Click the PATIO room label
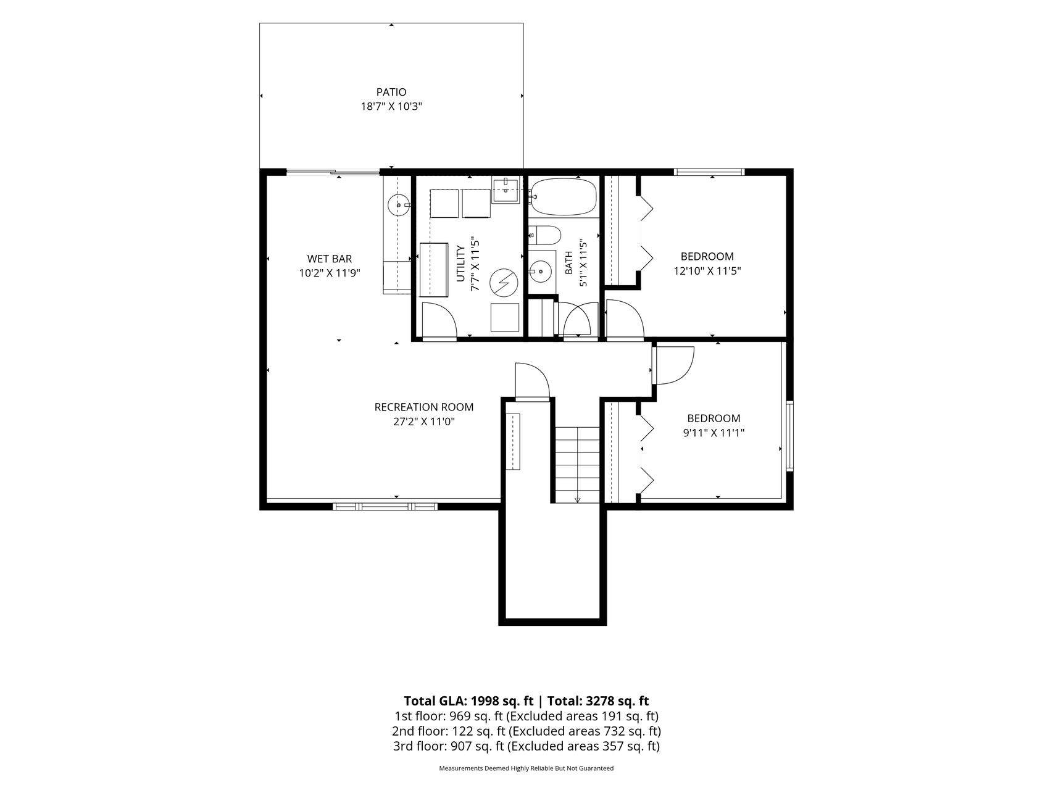[391, 93]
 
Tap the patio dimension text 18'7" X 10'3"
[391, 107]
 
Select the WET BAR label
[330, 259]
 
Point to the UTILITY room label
[460, 264]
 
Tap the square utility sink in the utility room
[507, 190]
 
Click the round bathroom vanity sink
[541, 270]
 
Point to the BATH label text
[569, 262]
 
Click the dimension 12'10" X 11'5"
[707, 270]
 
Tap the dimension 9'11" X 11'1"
[714, 433]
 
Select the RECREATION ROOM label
[424, 407]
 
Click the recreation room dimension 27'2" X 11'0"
[424, 422]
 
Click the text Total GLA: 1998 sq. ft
[468, 701]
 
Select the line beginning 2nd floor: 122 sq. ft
[526, 731]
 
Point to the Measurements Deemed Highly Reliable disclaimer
[526, 768]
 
